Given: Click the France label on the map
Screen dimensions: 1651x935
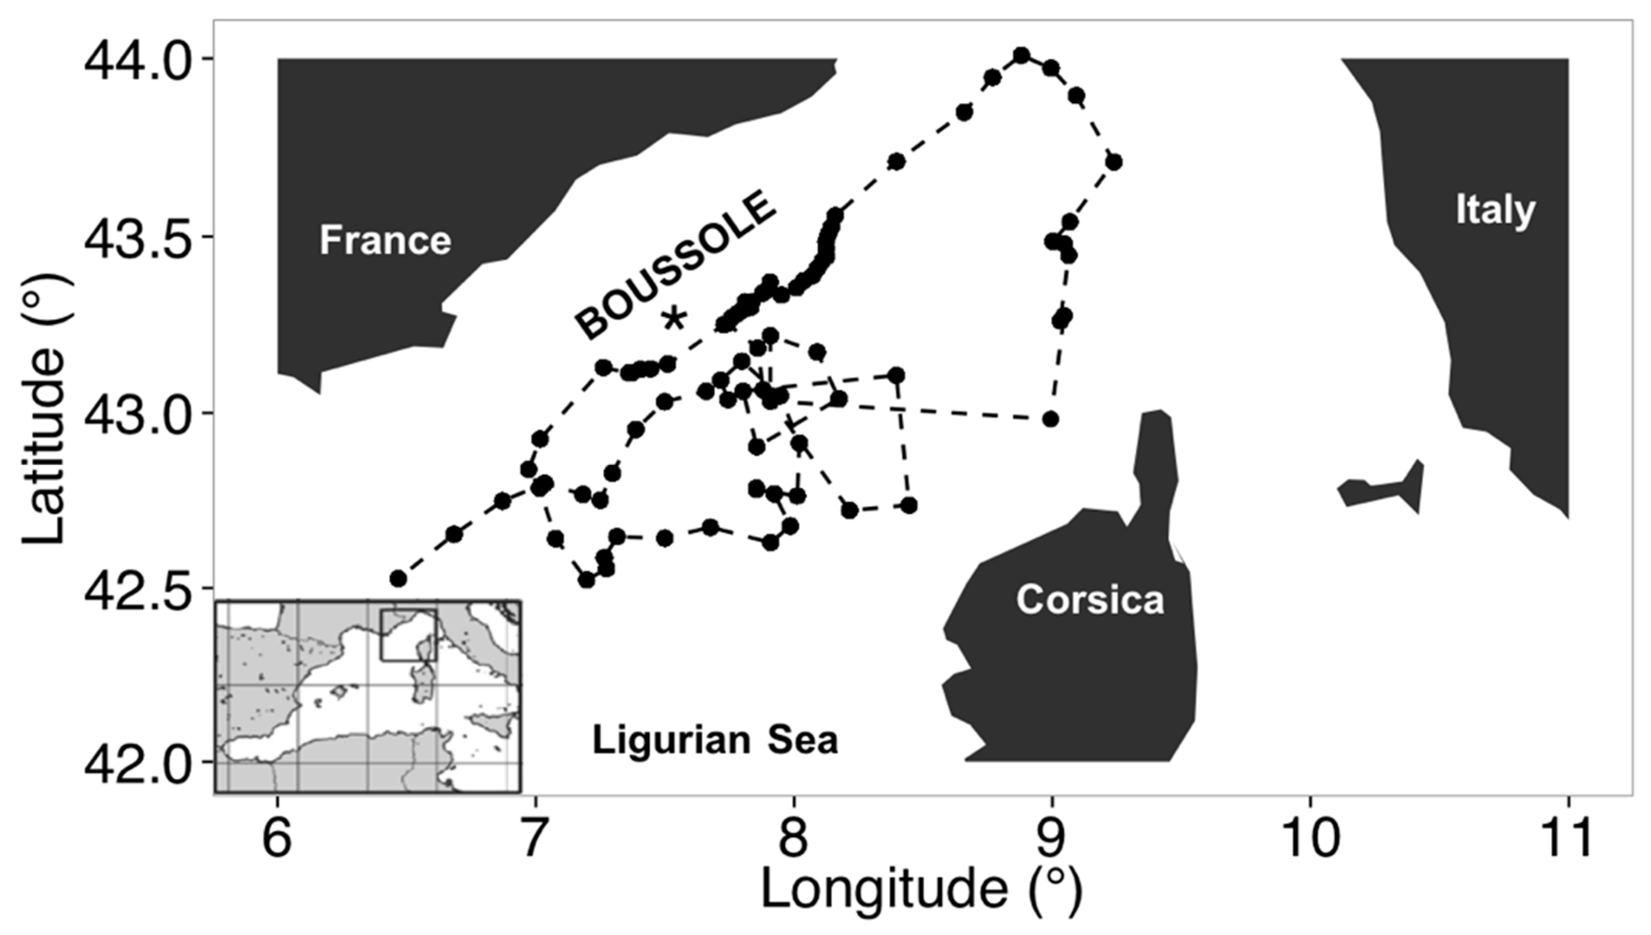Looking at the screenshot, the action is (x=386, y=240).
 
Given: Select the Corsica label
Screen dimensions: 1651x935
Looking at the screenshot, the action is (x=1090, y=600).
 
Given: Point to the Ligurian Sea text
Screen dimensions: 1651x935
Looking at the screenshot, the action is (x=715, y=740).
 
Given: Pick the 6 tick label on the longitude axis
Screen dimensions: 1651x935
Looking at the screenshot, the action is (x=278, y=839).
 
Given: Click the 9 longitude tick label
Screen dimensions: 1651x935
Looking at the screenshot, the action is (x=1052, y=839).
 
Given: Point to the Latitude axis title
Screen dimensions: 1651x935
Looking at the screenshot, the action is (x=44, y=411).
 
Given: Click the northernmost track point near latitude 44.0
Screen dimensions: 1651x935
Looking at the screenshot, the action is (x=1021, y=55).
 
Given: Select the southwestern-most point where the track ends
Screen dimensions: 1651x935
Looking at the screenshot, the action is (x=398, y=578).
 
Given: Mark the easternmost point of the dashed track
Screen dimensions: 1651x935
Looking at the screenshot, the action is (x=1114, y=162).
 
